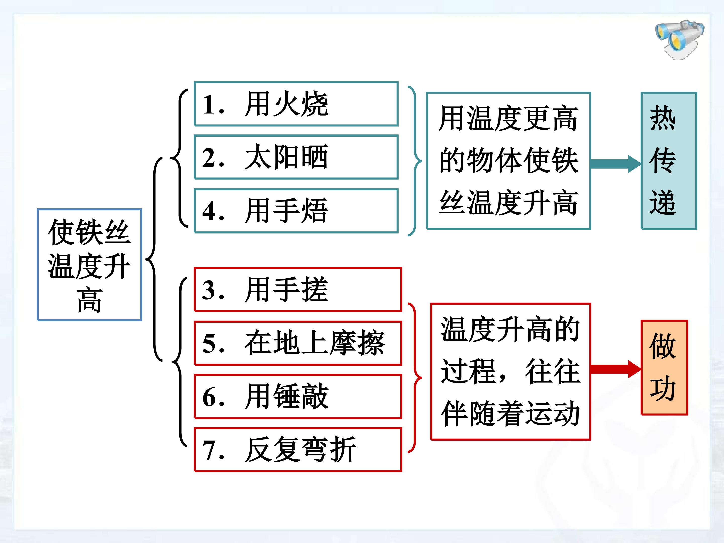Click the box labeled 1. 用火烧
[296, 104]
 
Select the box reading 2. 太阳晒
[296, 157]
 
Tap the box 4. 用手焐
[296, 211]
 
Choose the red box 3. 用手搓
[298, 289]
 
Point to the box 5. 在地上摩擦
[298, 343]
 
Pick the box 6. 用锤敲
[298, 396]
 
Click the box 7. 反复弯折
[298, 450]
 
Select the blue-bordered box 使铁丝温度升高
[89, 265]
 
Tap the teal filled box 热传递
[669, 161]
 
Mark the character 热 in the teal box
[663, 118]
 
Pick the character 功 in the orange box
[663, 389]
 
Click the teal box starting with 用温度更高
[509, 161]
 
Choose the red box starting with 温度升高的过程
[511, 372]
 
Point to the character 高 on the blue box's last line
[89, 299]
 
